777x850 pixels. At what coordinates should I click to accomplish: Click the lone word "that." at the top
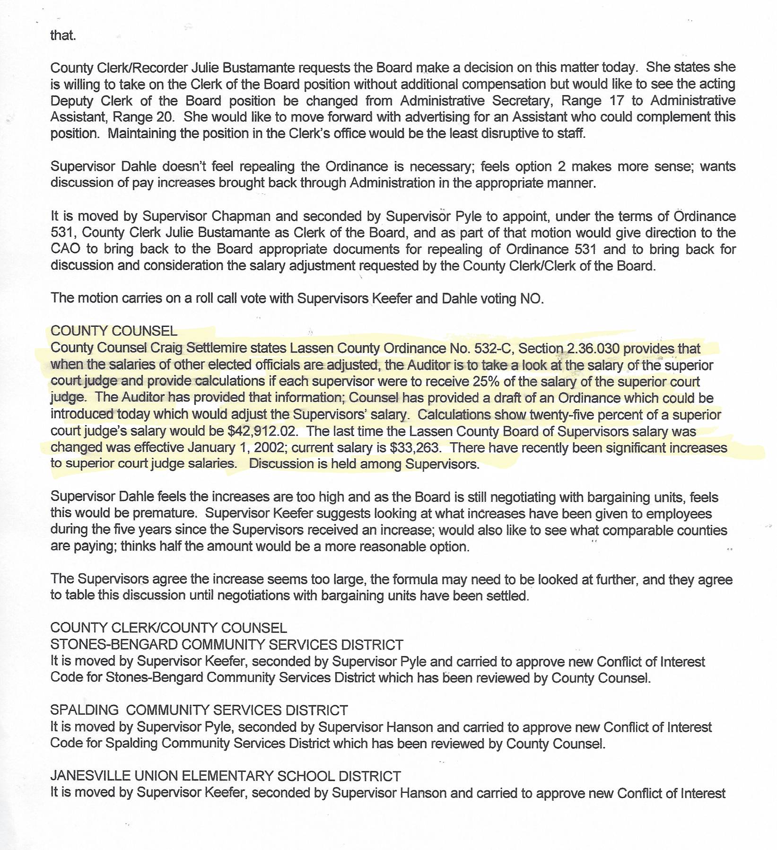click(x=63, y=35)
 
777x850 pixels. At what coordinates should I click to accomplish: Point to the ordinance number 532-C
click(x=493, y=349)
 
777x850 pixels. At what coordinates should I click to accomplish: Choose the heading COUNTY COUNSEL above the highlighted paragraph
click(x=114, y=331)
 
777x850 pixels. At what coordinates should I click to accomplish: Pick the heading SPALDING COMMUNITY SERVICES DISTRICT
click(x=199, y=710)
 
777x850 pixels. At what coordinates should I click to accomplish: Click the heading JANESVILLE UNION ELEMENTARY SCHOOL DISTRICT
click(x=226, y=776)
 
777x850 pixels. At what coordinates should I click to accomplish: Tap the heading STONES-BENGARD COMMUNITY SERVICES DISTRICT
click(x=227, y=645)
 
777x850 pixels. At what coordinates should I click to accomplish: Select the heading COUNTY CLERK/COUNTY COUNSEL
click(x=168, y=628)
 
